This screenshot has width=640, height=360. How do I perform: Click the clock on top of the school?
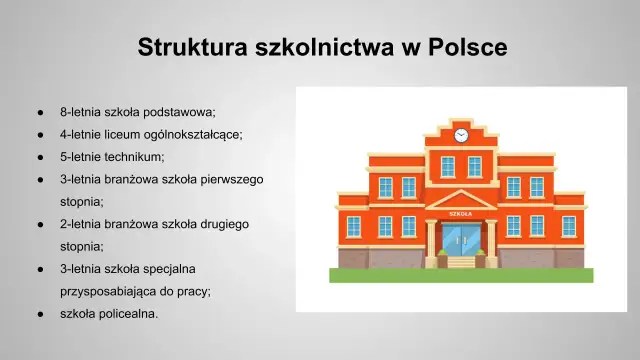(x=461, y=134)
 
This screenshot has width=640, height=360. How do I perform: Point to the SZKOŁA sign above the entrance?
(x=461, y=213)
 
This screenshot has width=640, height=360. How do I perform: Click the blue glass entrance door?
(x=461, y=241)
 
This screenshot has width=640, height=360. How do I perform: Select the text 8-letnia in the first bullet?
(x=79, y=111)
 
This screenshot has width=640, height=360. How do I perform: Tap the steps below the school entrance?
(x=461, y=263)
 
